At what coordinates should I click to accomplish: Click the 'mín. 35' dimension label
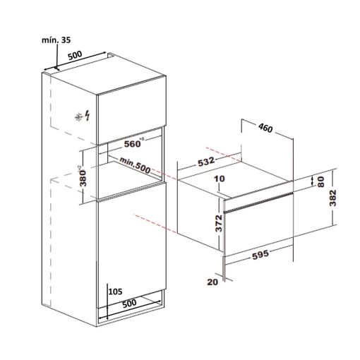[x=56, y=40]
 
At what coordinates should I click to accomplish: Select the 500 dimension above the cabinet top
[x=75, y=56]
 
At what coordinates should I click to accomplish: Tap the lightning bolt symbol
[x=88, y=116]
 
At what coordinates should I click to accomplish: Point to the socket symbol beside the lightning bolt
[x=78, y=117]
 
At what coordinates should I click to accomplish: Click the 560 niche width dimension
[x=132, y=144]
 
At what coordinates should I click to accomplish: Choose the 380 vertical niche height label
[x=83, y=179]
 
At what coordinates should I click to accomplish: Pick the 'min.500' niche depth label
[x=135, y=165]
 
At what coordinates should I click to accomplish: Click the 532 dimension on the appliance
[x=206, y=162]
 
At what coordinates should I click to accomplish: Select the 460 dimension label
[x=265, y=128]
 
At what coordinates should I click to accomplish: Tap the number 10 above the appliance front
[x=220, y=179]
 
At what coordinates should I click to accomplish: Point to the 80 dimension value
[x=320, y=181]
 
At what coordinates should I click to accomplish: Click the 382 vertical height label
[x=332, y=198]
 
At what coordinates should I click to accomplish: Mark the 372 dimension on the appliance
[x=219, y=223]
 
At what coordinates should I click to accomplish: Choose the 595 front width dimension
[x=260, y=255]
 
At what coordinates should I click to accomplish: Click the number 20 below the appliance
[x=212, y=282]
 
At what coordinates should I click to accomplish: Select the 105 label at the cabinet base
[x=116, y=292]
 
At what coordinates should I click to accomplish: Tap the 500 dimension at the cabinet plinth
[x=129, y=304]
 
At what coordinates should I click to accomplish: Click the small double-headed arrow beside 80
[x=312, y=181]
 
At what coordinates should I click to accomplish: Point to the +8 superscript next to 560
[x=142, y=139]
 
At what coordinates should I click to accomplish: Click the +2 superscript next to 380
[x=79, y=168]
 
